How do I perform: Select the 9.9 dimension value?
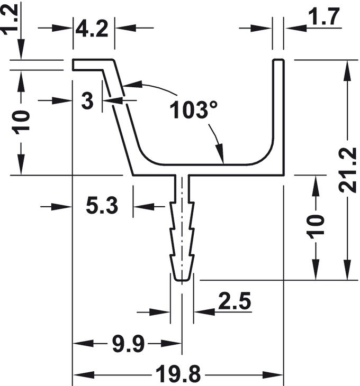pyautogui.click(x=128, y=344)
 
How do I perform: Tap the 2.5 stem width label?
pyautogui.click(x=235, y=300)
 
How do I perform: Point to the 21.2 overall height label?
pyautogui.click(x=347, y=170)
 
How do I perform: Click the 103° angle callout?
pyautogui.click(x=194, y=109)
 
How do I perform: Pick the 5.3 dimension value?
pyautogui.click(x=102, y=205)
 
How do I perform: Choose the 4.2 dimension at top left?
pyautogui.click(x=92, y=29)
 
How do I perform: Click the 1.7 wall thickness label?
pyautogui.click(x=325, y=16)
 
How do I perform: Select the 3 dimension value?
pyautogui.click(x=87, y=100)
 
